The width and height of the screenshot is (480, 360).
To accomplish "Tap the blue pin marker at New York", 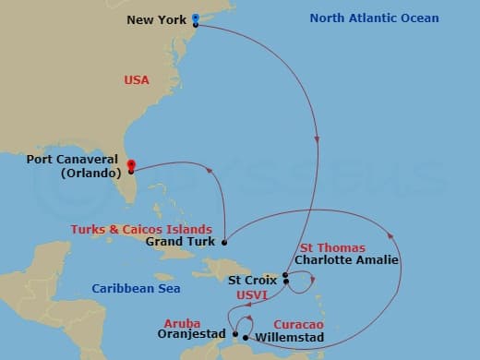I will tap(196, 18).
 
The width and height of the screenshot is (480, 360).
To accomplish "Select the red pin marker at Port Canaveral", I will tap(131, 162).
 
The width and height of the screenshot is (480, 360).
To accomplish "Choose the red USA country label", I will tap(137, 80).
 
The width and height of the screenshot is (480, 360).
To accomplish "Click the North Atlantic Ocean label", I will tap(374, 18).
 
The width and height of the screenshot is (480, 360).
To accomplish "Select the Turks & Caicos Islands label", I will tap(148, 229).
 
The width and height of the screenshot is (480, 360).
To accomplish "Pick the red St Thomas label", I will tap(332, 247).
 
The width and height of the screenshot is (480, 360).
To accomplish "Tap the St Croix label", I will tap(254, 278).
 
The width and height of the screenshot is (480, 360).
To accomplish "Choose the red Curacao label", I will tap(303, 325).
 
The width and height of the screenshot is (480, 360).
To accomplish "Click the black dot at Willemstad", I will tap(245, 337).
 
